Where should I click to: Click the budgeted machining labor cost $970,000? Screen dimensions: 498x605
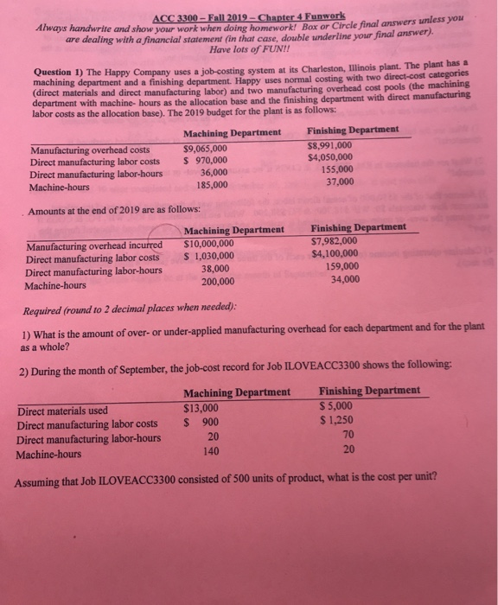[207, 159]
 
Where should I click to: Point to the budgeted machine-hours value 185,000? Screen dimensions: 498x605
[212, 184]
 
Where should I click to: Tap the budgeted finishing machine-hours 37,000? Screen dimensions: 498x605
[337, 181]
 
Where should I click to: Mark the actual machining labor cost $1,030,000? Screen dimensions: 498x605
[208, 257]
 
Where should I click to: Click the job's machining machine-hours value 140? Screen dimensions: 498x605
[208, 451]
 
